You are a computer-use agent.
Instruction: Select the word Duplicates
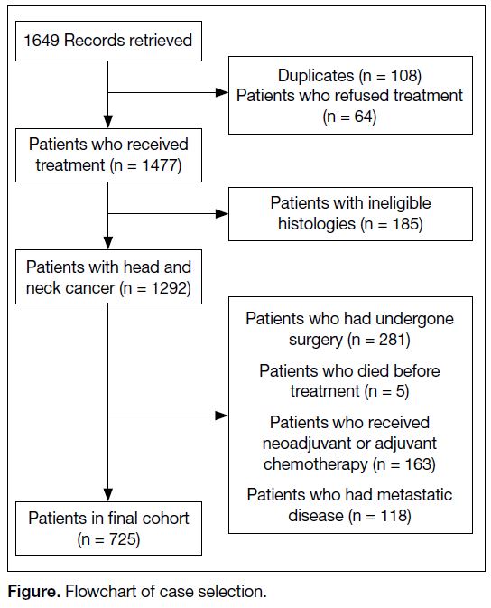coord(316,76)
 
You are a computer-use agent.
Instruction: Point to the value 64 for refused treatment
coord(365,117)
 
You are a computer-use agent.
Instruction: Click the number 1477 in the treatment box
coord(160,165)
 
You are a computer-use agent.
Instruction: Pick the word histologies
coord(317,224)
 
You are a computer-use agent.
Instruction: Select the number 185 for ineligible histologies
coord(405,224)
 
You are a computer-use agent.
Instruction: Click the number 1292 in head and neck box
coord(169,288)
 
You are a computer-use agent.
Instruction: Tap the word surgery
coord(316,341)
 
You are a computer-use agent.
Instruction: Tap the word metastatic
coord(414,495)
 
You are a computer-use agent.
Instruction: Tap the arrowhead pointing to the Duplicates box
coord(222,92)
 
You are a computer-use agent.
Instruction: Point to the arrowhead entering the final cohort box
coord(108,495)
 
